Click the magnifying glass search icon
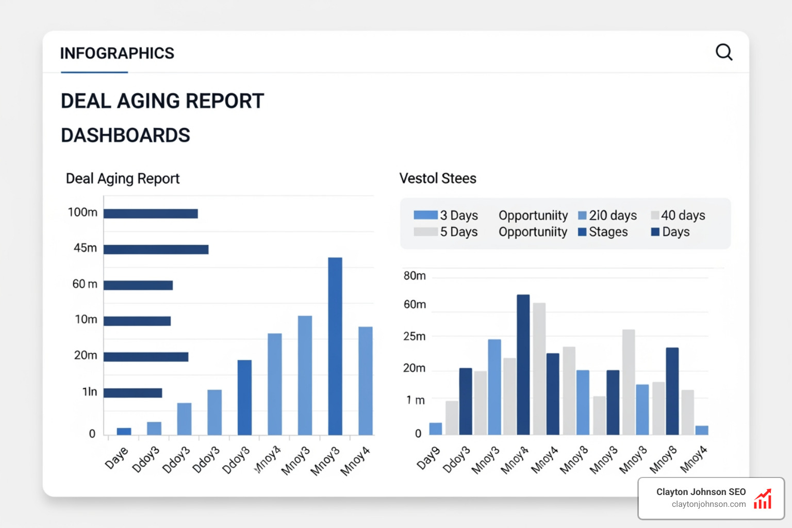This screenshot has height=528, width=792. [x=724, y=52]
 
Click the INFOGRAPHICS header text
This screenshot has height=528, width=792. [x=117, y=53]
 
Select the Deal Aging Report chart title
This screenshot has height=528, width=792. [x=123, y=178]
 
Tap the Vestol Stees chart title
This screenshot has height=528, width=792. [x=438, y=178]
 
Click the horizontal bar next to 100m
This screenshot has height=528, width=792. [x=151, y=213]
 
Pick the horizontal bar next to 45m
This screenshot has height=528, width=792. [x=156, y=250]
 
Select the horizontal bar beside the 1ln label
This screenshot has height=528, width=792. [x=133, y=393]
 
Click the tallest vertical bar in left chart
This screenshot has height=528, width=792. [x=335, y=345]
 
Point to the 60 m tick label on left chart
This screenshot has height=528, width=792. [x=85, y=284]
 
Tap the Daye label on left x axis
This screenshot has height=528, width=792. [x=117, y=458]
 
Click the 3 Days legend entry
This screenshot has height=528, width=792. [x=447, y=215]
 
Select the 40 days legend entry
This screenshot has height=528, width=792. [x=679, y=215]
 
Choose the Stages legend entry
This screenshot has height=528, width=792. [x=603, y=232]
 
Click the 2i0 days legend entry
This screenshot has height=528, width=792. [x=608, y=215]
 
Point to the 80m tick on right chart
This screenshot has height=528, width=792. [x=415, y=276]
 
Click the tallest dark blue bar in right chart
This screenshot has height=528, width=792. [x=523, y=364]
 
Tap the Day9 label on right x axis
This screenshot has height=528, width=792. [x=428, y=458]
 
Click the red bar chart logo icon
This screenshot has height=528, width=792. [x=763, y=499]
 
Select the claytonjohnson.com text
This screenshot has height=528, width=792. [x=708, y=504]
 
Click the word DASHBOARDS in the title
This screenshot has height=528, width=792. [x=125, y=135]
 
